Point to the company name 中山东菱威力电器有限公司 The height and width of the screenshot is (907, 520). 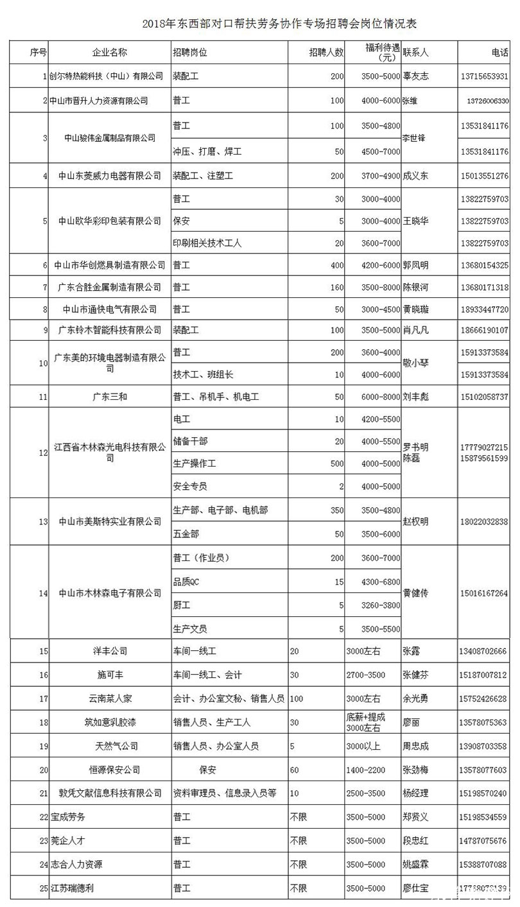109,176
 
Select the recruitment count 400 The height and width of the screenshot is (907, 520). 337,265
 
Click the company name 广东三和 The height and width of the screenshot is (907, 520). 110,397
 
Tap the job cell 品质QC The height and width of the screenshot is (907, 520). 187,582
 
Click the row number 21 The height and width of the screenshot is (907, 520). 44,794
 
